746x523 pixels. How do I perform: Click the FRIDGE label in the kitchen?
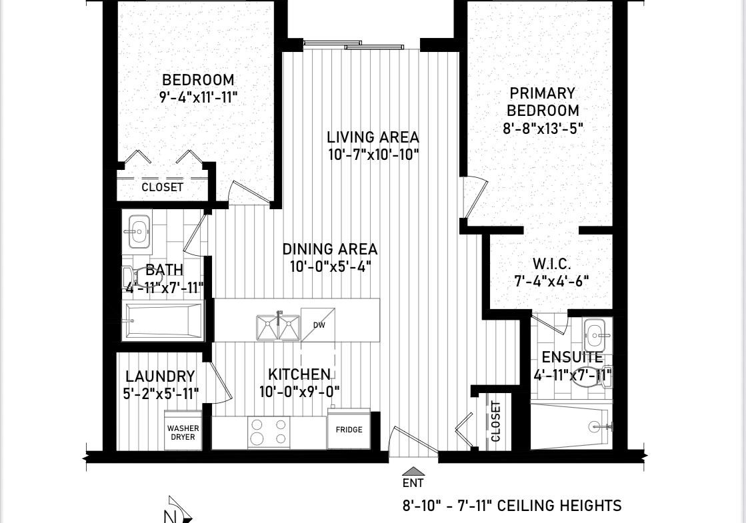(349, 430)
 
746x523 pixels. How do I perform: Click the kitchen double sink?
(278, 328)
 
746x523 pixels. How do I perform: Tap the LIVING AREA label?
(373, 137)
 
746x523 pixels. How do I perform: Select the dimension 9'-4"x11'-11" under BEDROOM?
(198, 97)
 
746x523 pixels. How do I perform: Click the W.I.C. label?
(551, 263)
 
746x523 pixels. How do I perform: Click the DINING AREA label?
(330, 249)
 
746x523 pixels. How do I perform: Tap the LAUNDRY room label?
(160, 376)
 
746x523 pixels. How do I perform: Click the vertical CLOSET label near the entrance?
(496, 421)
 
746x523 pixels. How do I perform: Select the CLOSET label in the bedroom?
(162, 187)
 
